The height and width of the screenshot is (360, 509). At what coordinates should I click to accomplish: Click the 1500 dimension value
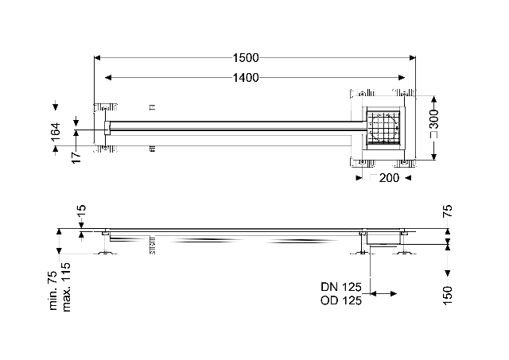coord(246,58)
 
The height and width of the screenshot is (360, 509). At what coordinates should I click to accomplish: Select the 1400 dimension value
coord(246,78)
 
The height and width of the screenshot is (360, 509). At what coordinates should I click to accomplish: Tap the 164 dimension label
coord(56,131)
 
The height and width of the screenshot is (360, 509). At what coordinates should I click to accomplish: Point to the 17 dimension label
coord(76,157)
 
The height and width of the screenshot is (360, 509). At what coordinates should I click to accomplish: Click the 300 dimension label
coord(434,118)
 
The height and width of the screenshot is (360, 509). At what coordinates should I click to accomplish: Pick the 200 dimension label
coord(389,178)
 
